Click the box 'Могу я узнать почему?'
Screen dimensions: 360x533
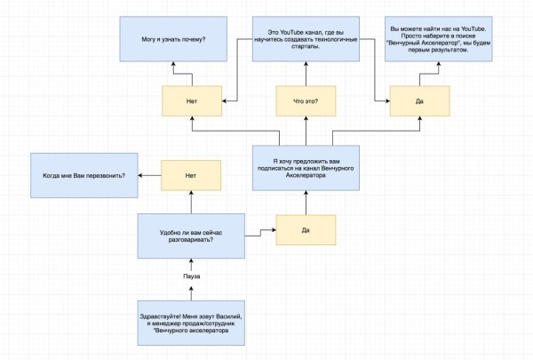point(174,40)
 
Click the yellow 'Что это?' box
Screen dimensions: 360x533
point(306,101)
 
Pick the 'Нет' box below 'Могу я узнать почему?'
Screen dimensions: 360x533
point(191,101)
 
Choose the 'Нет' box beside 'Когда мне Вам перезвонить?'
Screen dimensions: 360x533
point(191,175)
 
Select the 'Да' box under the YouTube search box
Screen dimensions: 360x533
point(419,101)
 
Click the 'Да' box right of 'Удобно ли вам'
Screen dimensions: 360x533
point(306,230)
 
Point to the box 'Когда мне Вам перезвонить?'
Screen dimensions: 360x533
point(84,175)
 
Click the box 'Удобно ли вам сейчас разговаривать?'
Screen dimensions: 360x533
point(192,236)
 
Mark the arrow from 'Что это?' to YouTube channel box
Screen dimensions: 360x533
point(306,74)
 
